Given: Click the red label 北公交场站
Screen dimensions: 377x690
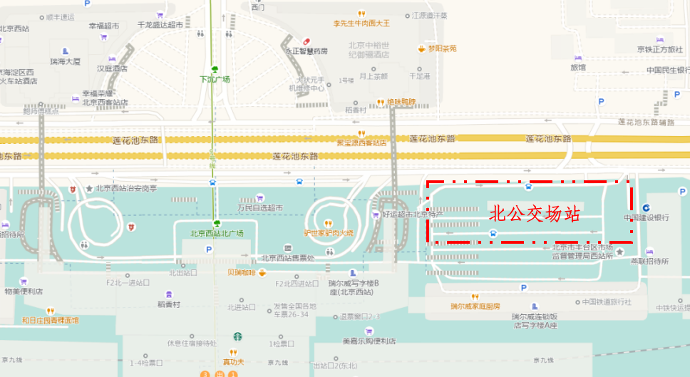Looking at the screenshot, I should [535, 213].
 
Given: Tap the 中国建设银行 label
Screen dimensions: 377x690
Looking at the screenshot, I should [646, 217].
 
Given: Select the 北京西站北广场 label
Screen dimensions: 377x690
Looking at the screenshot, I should [217, 234].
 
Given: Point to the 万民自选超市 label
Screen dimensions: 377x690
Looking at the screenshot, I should [260, 207].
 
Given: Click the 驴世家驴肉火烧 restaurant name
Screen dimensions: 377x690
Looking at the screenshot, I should [329, 232].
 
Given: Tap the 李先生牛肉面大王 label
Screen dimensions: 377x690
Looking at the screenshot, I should [362, 23].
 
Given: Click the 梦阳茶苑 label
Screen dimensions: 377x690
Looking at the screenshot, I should [442, 48].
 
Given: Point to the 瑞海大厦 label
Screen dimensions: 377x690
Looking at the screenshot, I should [65, 61].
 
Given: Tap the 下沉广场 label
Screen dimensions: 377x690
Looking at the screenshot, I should [215, 79].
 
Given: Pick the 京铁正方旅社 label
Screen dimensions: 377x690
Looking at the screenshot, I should [659, 48].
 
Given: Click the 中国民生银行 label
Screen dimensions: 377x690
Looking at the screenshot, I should [668, 70].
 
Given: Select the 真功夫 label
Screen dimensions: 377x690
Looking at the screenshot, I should [233, 362].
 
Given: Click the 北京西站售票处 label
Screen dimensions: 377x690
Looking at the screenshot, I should [287, 258].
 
